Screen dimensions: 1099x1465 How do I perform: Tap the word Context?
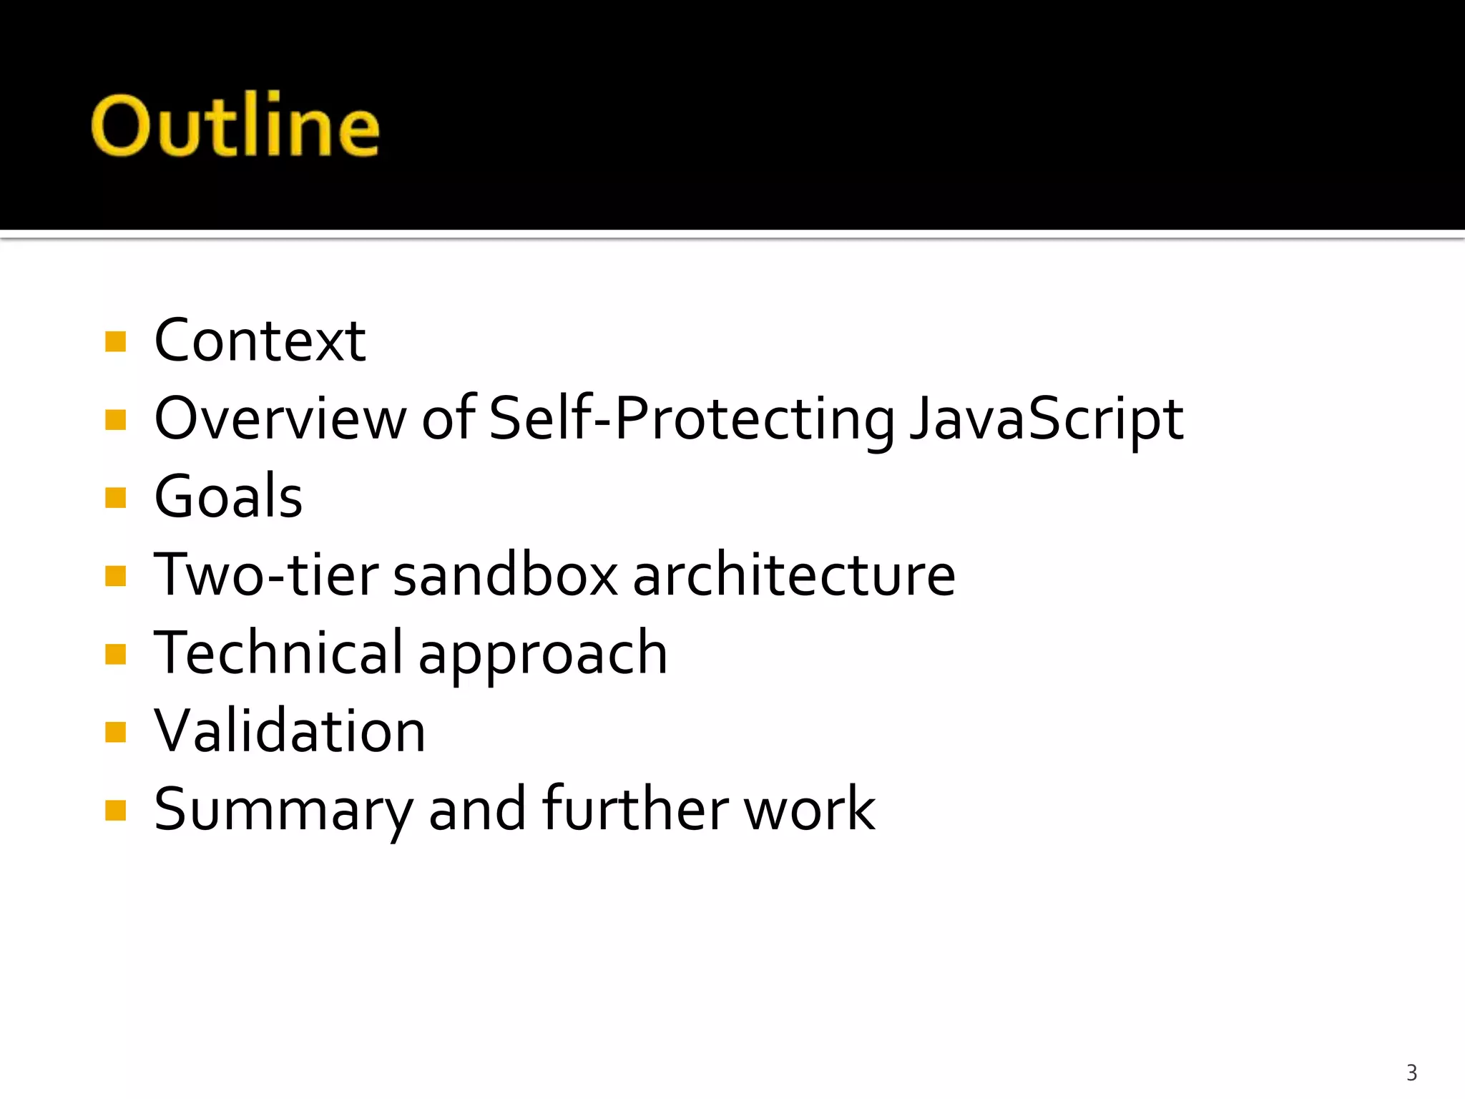pos(260,341)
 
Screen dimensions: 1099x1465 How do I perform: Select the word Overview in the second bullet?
pos(280,419)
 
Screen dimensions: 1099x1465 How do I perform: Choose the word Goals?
pos(228,497)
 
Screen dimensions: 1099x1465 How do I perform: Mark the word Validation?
pos(290,731)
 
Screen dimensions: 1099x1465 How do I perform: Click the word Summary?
pos(283,811)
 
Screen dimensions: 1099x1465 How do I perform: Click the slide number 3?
pos(1411,1073)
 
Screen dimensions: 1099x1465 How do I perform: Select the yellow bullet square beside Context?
pos(115,341)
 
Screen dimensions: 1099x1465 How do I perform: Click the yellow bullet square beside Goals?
pos(115,497)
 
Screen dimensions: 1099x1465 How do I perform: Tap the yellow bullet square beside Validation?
pos(115,732)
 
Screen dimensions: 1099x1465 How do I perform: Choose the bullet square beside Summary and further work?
pos(115,810)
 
